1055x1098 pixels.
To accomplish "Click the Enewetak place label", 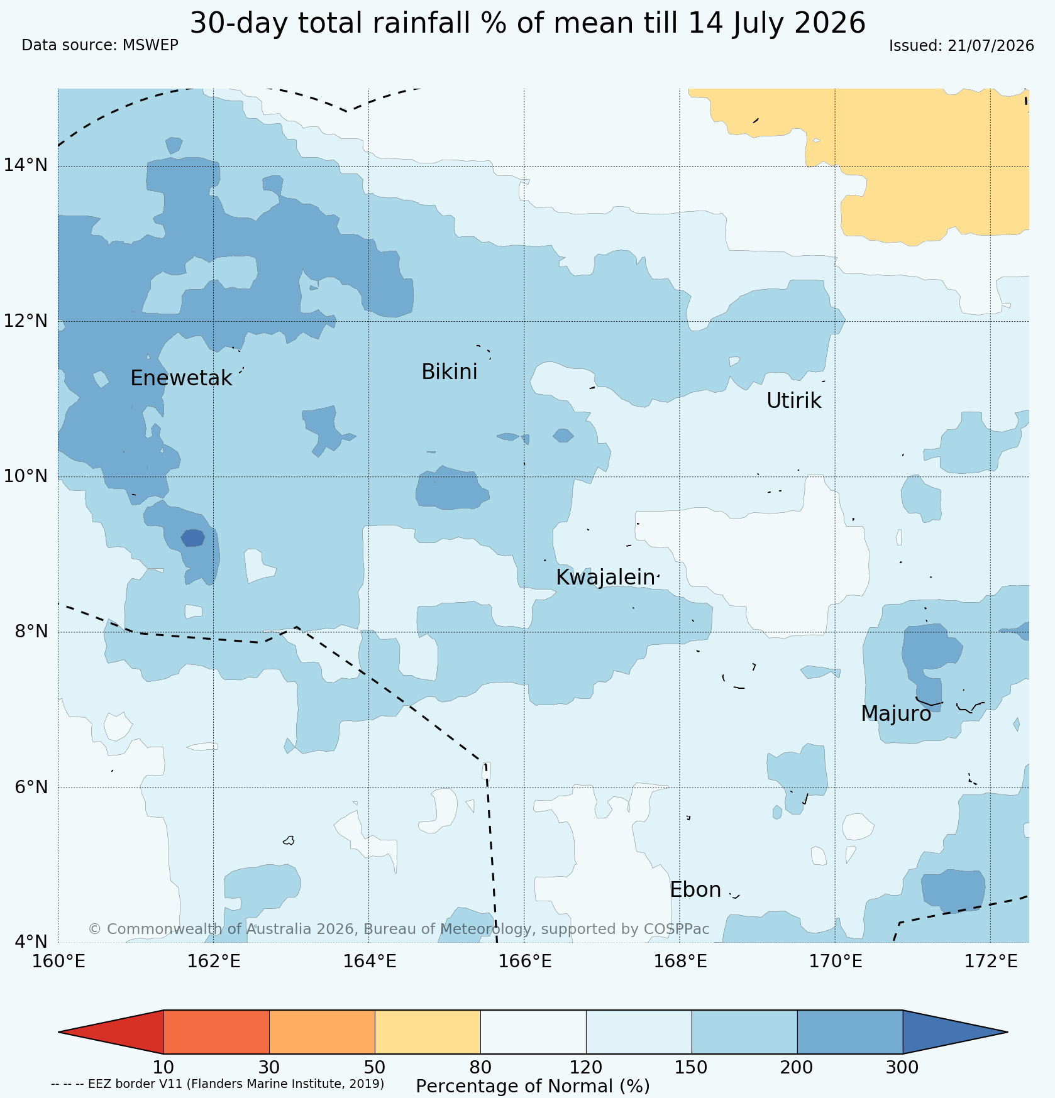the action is point(181,378).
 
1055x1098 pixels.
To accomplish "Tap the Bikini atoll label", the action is point(449,372).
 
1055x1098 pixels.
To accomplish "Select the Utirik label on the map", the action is point(793,400).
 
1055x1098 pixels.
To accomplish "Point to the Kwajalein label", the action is point(605,577).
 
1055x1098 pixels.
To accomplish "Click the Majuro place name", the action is point(896,714).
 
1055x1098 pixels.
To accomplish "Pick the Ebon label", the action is point(695,890).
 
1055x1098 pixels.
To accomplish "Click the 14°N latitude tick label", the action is point(26,165).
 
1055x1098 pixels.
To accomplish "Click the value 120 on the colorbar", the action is point(586,1067).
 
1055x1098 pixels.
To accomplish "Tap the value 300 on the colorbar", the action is point(902,1067).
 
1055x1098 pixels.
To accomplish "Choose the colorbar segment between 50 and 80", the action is point(428,1032).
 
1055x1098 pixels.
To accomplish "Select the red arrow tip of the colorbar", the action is point(59,1032).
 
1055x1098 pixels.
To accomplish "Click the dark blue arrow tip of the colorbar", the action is point(1007,1032).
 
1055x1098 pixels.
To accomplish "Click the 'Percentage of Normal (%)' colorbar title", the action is point(533,1086).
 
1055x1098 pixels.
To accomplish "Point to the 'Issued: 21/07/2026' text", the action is point(961,46).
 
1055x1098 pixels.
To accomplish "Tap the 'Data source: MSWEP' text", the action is point(100,45).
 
